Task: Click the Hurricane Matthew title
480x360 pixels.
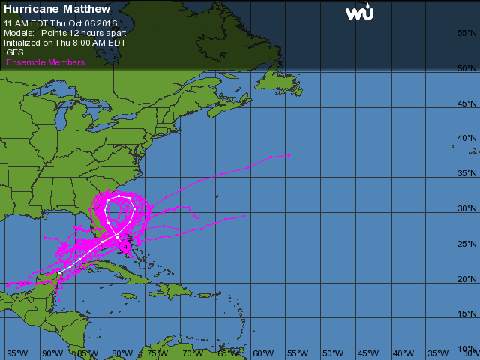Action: (57, 10)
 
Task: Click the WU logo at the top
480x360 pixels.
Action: (360, 13)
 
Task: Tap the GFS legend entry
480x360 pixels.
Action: (15, 52)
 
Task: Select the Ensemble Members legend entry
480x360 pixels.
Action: (45, 62)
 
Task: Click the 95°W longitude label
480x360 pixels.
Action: (16, 352)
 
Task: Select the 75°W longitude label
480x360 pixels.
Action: (157, 352)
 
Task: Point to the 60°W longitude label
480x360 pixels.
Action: (262, 352)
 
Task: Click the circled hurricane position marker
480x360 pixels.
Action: (126, 244)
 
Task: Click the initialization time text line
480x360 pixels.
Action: (64, 43)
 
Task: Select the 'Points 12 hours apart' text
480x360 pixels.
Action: (83, 34)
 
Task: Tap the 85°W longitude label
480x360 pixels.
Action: (87, 352)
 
